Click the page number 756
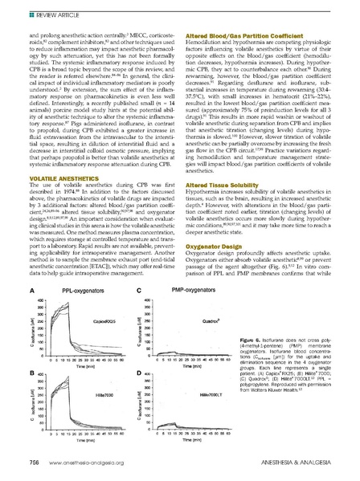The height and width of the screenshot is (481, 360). coord(35,467)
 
